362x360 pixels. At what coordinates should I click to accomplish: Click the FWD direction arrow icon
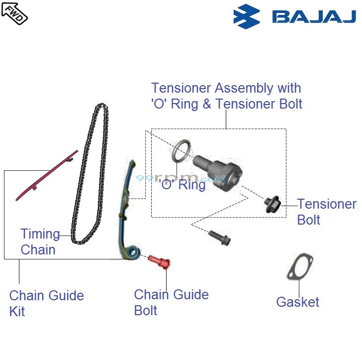14,12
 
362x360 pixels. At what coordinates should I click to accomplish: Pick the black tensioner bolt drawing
272,204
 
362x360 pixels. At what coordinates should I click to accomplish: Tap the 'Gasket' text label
297,302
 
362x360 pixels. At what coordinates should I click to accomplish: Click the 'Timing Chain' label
39,241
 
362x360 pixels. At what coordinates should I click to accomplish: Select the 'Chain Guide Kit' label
46,303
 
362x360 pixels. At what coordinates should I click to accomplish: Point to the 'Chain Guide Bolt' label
171,302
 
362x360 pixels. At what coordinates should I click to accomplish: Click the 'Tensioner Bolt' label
326,212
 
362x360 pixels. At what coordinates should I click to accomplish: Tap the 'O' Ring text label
181,185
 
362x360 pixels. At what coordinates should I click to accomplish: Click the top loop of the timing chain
100,106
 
